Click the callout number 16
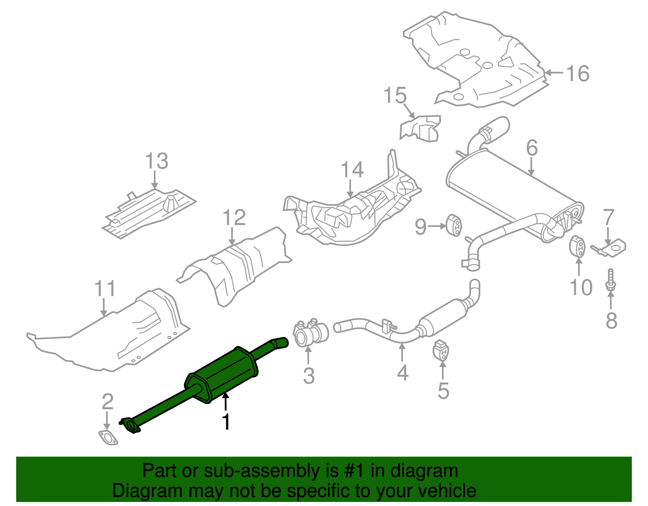[x=578, y=74]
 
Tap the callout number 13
[x=157, y=161]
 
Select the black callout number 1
[x=226, y=422]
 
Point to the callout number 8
[x=611, y=321]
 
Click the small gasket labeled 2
[x=108, y=438]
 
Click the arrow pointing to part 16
[x=554, y=73]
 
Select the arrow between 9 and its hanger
[x=437, y=226]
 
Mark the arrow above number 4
[x=402, y=352]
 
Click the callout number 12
[x=234, y=218]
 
